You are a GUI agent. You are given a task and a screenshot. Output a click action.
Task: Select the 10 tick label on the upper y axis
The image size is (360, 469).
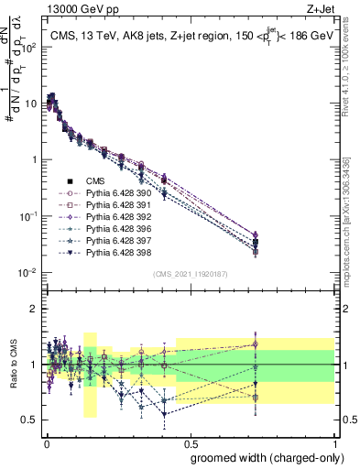coord(33,104)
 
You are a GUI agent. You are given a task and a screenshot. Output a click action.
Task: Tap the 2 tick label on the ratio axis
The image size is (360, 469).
coord(34,309)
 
